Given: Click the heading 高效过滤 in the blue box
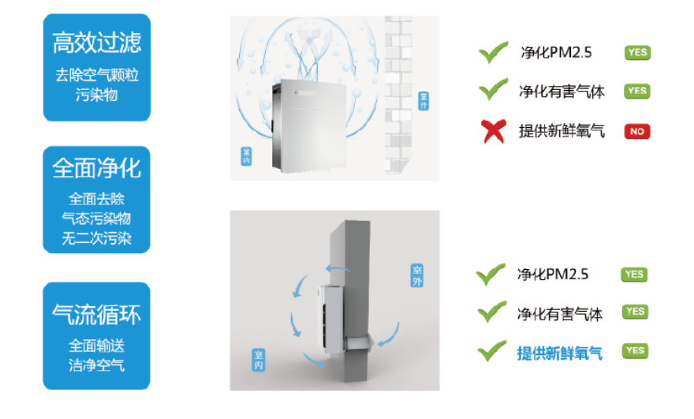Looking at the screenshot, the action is pos(97,43).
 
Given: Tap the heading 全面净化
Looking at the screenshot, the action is pos(96,168).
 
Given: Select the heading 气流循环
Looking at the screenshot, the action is pos(96,315).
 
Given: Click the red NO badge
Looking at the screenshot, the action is pos(637,132).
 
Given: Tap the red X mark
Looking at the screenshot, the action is pos(493,131).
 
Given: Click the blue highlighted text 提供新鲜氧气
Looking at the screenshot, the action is pos(559,354).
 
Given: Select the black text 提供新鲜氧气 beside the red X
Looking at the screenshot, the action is pos(562,131).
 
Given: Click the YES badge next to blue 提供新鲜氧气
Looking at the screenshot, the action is pos(635,351).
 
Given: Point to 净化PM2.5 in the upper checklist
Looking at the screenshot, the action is pos(556,53).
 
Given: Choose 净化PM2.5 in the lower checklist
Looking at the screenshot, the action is pos(553,275).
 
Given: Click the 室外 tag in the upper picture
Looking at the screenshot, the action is pos(423,101).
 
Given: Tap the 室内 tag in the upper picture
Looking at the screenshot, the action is pos(247,156).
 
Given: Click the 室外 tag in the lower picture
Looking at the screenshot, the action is pos(417,275).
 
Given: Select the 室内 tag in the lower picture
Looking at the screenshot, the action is pos(259,360).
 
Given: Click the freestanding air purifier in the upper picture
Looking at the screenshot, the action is pos(308,125).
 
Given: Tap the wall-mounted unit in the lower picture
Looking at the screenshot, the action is pos(330,319).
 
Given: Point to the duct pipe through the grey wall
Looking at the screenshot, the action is pos(359,343).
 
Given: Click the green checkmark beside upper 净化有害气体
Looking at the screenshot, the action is pos(493,89).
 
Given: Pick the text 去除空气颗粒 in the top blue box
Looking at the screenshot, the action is pos(97,75).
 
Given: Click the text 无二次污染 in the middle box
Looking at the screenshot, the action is pos(96,239).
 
